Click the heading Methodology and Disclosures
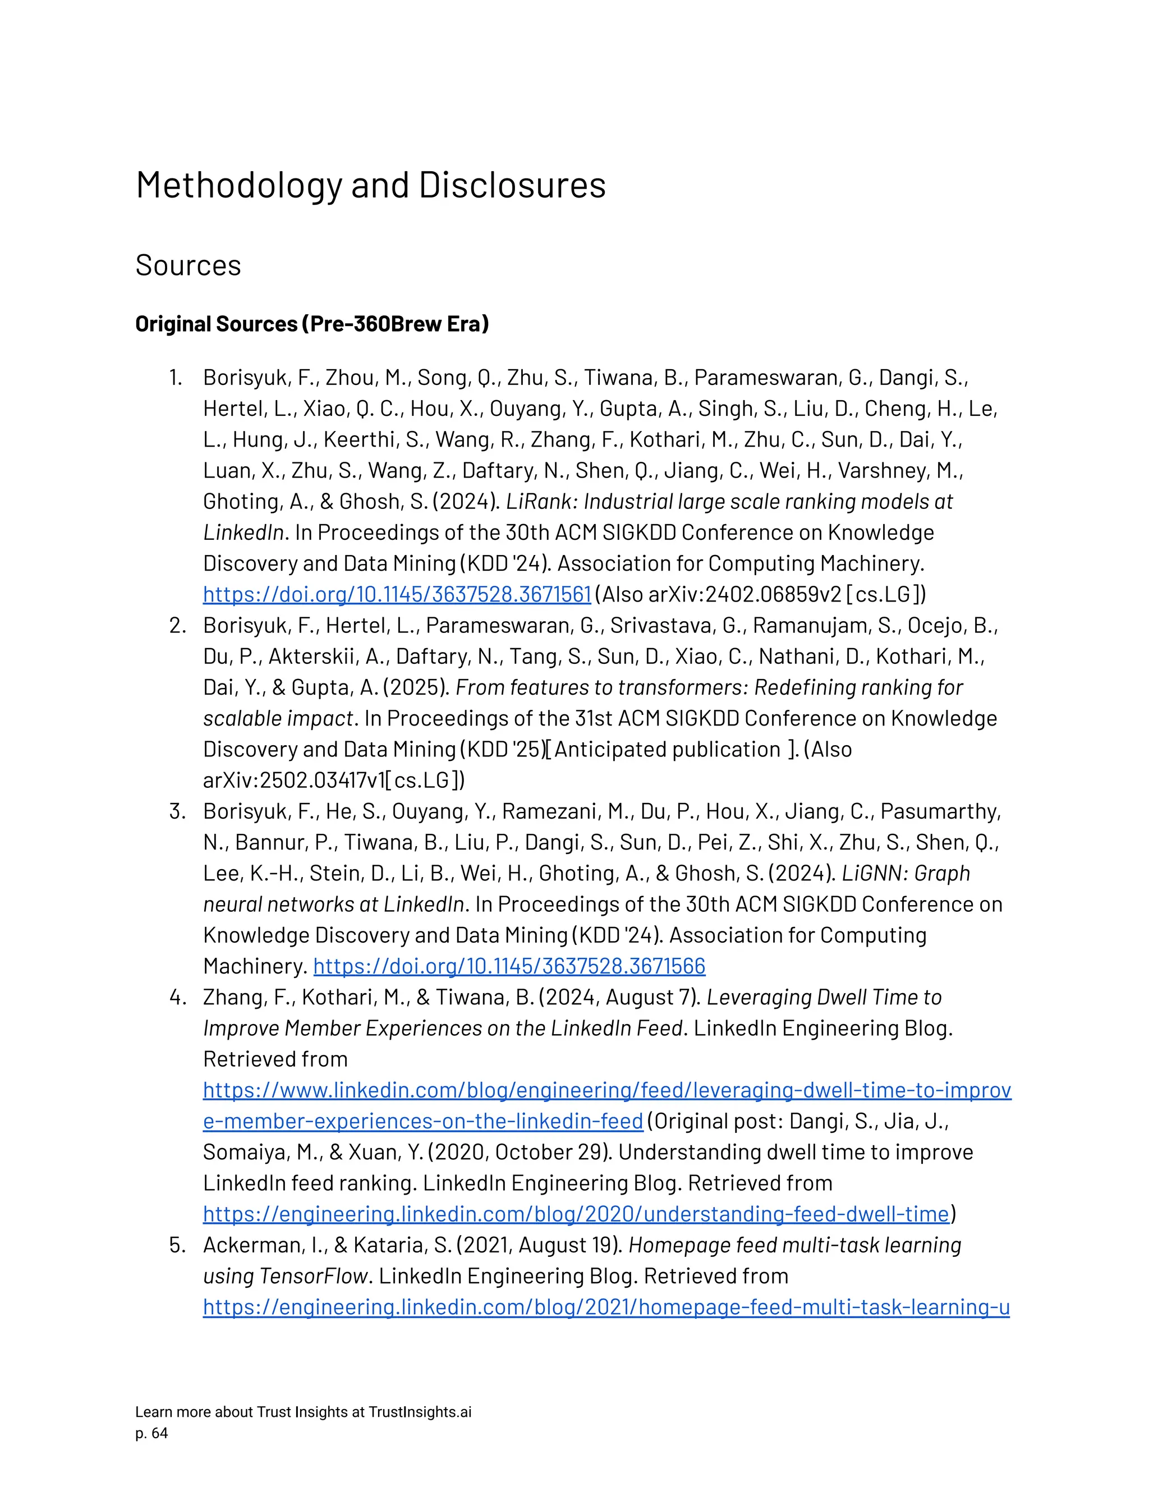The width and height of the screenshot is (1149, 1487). [x=370, y=185]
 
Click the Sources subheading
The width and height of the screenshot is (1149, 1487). [x=188, y=265]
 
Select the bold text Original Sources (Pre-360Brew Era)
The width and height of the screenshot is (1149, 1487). [x=312, y=324]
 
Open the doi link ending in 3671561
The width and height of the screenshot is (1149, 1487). [x=396, y=594]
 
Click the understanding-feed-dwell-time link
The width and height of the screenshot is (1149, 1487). [x=576, y=1214]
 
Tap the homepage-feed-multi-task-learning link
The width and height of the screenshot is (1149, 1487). [x=606, y=1307]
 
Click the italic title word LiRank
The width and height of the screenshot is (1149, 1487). [x=539, y=502]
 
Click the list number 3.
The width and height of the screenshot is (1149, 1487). [x=177, y=811]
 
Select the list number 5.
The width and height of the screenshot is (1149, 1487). [x=177, y=1245]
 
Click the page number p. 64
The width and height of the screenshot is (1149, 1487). [x=151, y=1434]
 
